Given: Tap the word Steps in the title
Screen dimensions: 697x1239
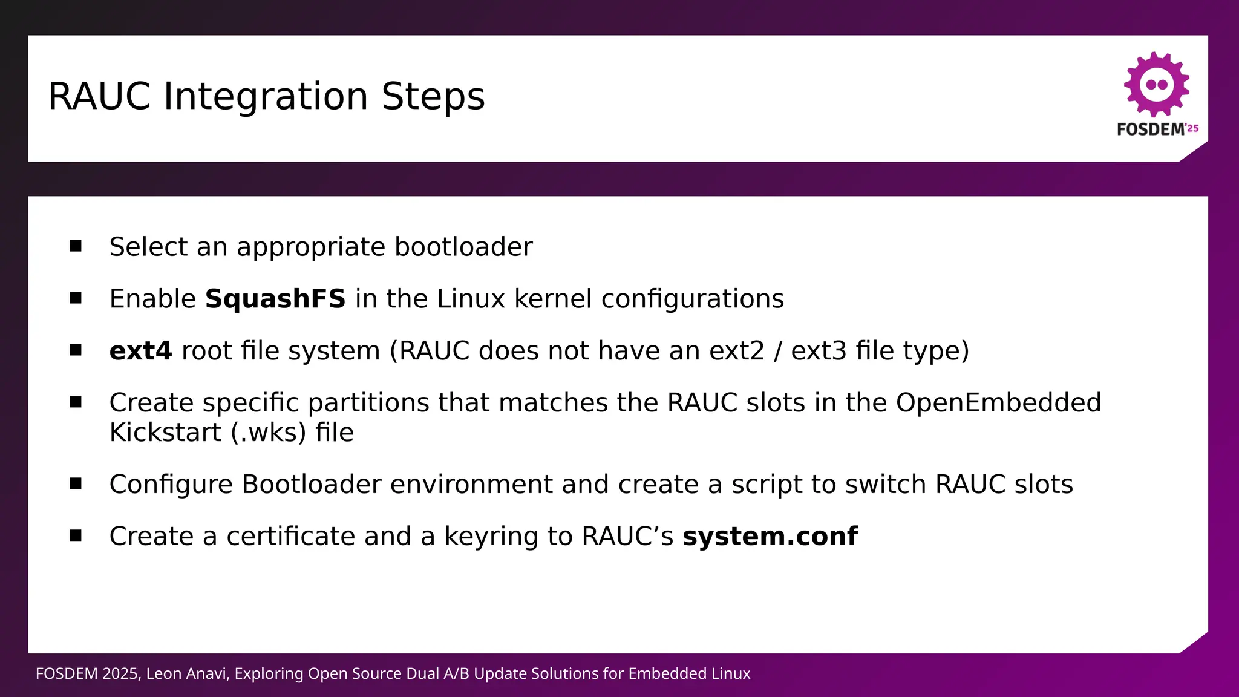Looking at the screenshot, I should click(433, 97).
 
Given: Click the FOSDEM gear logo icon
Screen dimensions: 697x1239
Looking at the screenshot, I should click(1156, 85).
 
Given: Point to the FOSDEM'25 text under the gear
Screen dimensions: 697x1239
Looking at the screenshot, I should click(1157, 129).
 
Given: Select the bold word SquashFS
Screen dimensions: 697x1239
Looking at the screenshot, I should click(275, 299).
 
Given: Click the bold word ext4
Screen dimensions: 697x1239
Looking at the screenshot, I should click(140, 351).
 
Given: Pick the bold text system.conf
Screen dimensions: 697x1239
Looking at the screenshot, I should click(770, 536).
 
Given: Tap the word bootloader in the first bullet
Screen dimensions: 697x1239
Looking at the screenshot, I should click(463, 247).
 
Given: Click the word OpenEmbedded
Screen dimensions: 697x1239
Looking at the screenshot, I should click(998, 403).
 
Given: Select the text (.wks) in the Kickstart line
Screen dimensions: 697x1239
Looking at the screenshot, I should click(268, 433).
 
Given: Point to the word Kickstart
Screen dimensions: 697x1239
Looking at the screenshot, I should click(165, 433).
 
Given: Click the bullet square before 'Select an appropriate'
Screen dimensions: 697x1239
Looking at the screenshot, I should click(76, 246).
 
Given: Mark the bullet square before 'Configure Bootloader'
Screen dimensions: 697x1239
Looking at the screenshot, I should click(76, 483).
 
